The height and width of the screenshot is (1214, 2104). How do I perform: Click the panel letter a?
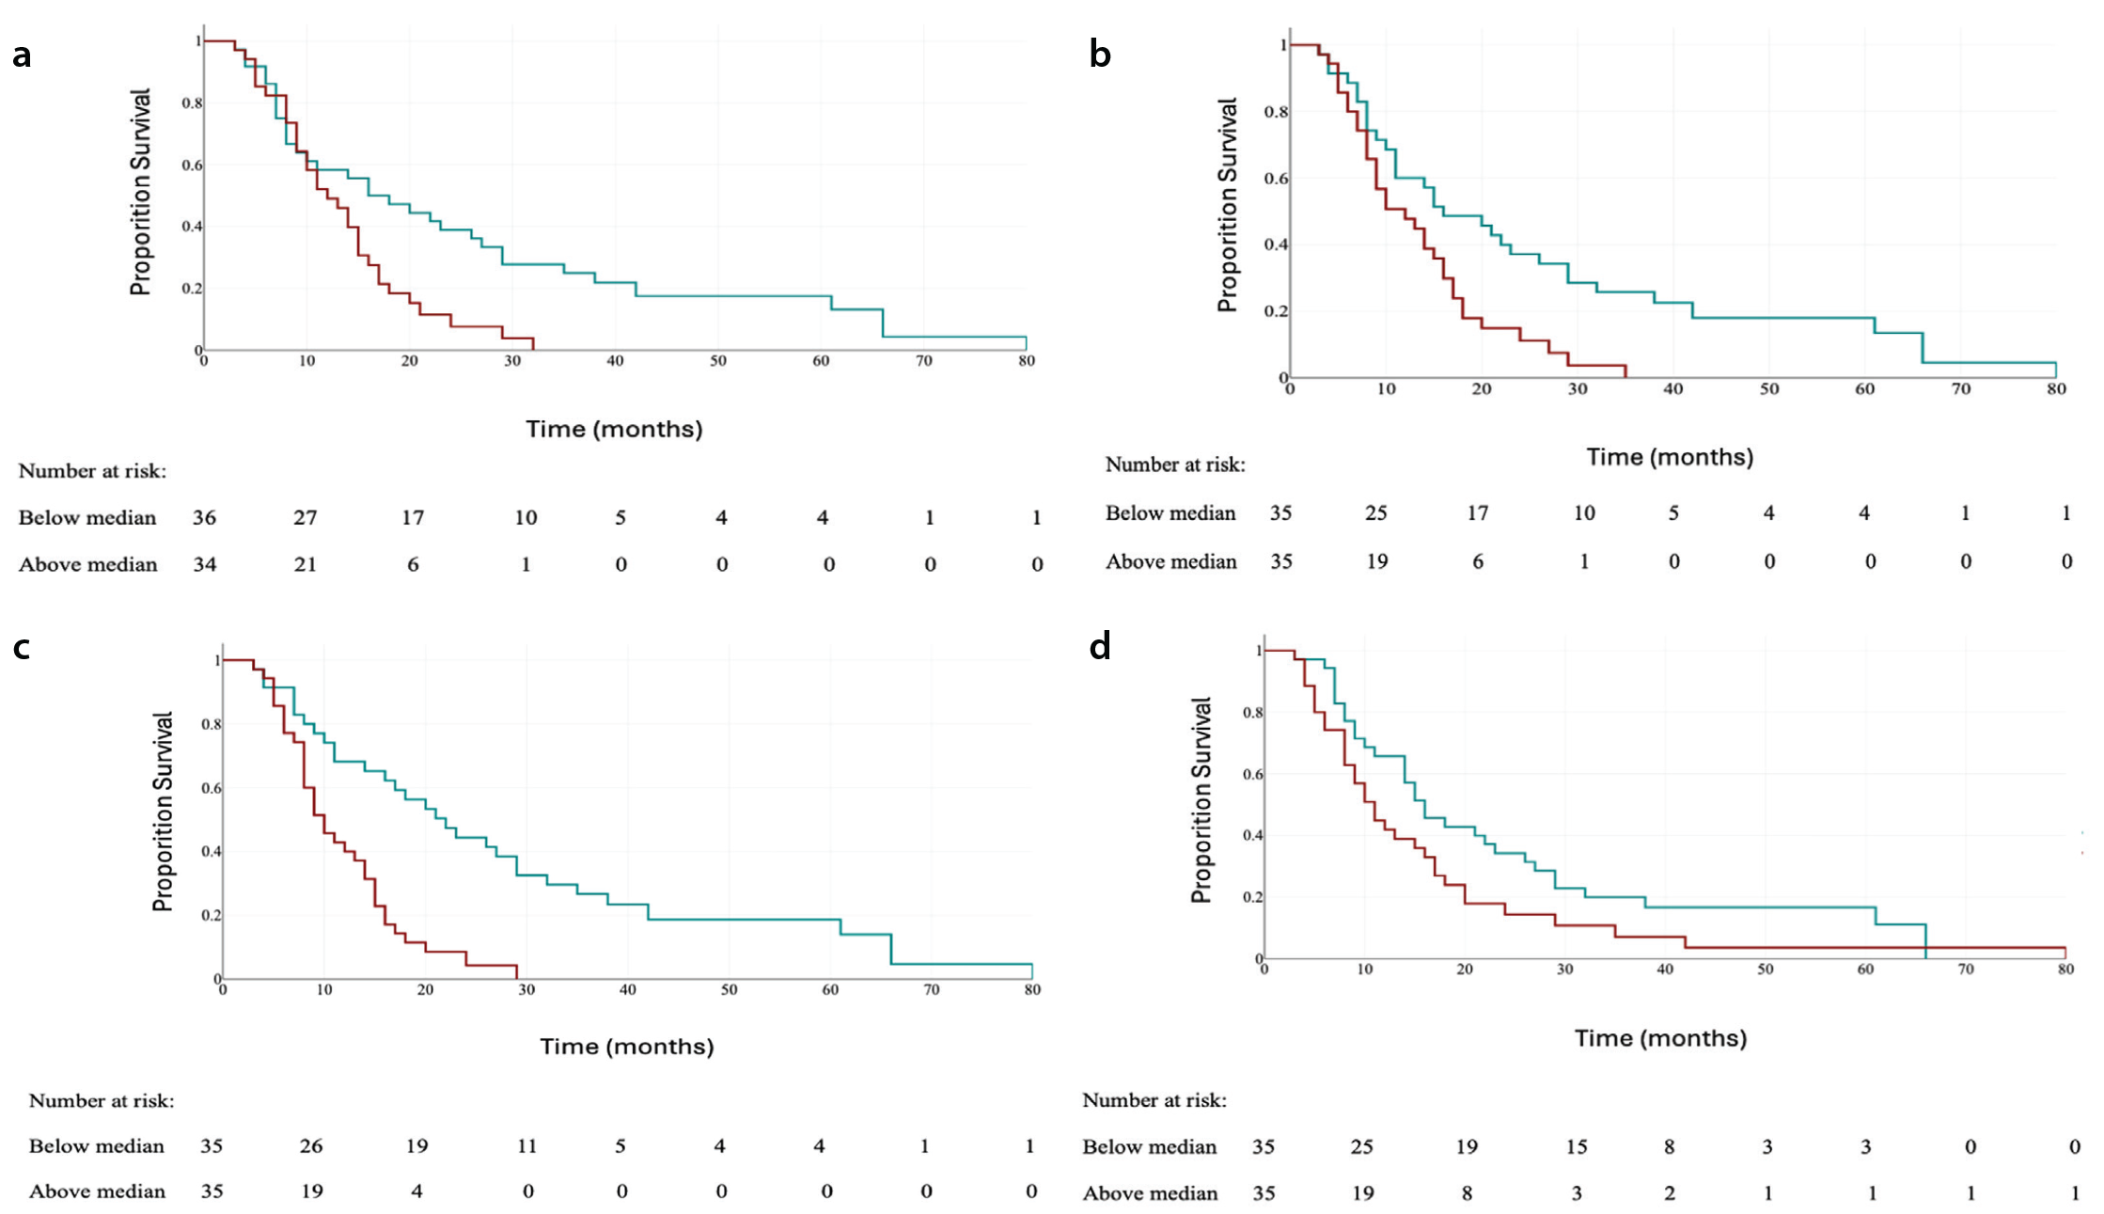(22, 56)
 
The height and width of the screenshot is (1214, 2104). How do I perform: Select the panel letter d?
(1100, 646)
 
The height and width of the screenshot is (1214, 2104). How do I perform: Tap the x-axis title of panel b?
(1670, 458)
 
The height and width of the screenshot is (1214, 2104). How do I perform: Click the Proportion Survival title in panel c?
(163, 812)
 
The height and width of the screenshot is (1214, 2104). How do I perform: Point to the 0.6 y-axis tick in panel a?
(192, 166)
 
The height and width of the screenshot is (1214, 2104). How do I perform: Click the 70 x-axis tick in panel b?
(1960, 389)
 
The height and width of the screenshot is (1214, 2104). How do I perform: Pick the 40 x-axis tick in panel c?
(627, 990)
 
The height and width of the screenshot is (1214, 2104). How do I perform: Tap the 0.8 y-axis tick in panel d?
(1253, 713)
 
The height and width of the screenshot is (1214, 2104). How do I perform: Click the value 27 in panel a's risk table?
(306, 518)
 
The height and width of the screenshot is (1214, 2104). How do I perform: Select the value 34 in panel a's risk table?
(205, 565)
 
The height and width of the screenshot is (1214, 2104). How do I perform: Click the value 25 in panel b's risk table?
(1376, 513)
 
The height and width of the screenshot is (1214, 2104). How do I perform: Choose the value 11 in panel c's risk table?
(526, 1146)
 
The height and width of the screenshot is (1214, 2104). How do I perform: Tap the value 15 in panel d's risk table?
(1577, 1147)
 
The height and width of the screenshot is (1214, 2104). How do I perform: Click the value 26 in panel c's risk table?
(311, 1146)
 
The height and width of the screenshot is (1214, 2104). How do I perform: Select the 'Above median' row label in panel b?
(1171, 562)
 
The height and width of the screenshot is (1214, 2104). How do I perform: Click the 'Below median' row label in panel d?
(1150, 1147)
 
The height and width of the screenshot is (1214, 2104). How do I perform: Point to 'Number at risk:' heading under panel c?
(102, 1101)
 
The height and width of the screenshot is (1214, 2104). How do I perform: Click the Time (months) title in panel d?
(1660, 1039)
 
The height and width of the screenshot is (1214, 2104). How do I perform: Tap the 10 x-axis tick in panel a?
(306, 361)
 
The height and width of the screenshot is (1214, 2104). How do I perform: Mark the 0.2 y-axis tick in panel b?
(1276, 311)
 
